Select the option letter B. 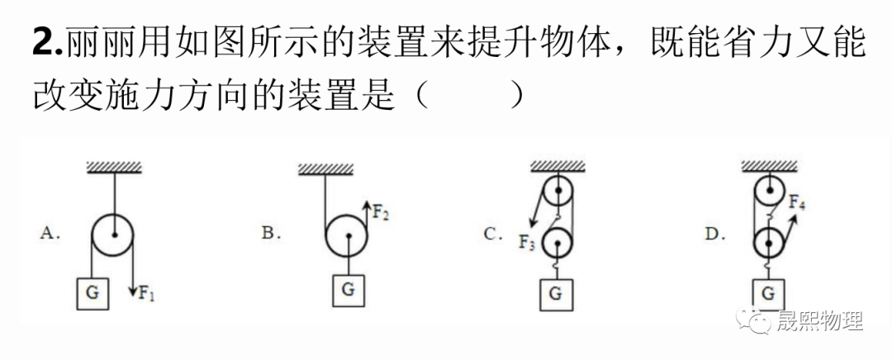tap(269, 234)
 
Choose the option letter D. tap(713, 234)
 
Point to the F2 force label tap(379, 213)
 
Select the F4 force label tap(797, 201)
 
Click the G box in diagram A tap(93, 293)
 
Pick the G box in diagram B tap(349, 290)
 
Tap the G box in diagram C tap(556, 293)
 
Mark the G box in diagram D tap(768, 293)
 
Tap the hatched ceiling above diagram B tap(326, 169)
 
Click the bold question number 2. tap(46, 41)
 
